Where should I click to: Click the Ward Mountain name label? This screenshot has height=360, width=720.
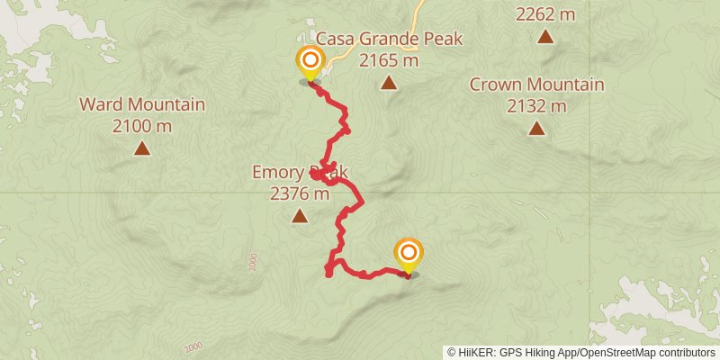(x=142, y=104)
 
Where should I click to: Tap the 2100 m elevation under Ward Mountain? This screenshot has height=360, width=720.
(x=142, y=126)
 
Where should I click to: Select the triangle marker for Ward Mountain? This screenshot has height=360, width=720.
(x=141, y=148)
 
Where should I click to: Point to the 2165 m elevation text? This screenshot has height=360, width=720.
(x=388, y=60)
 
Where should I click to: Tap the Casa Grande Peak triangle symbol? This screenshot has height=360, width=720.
(x=388, y=84)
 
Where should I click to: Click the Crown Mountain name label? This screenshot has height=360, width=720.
(x=536, y=85)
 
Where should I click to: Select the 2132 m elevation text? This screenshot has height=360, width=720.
(x=536, y=106)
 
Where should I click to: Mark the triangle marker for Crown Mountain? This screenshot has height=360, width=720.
(x=536, y=129)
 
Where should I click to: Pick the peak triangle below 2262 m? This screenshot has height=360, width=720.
(x=545, y=37)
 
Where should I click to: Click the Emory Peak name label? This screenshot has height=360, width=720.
(x=299, y=172)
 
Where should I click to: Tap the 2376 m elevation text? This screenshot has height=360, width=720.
(x=299, y=193)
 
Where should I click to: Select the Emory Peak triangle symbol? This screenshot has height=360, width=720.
(x=299, y=216)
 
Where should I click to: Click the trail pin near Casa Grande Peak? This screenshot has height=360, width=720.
(x=310, y=62)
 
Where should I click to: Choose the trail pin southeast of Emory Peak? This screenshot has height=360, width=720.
(x=409, y=253)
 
